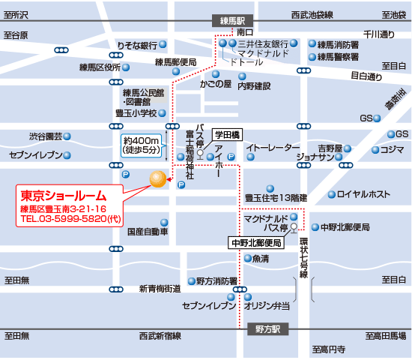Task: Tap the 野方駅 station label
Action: [x=265, y=329]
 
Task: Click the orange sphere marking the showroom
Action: [x=158, y=179]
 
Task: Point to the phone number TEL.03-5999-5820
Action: [x=69, y=220]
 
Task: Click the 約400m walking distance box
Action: [x=141, y=145]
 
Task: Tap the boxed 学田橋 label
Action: [x=225, y=133]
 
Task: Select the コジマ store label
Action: [x=392, y=149]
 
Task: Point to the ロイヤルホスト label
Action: [x=363, y=194]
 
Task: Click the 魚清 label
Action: [x=261, y=259]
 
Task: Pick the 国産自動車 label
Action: [x=148, y=232]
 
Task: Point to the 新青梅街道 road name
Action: [x=160, y=288]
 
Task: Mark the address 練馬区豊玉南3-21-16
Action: [x=63, y=208]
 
